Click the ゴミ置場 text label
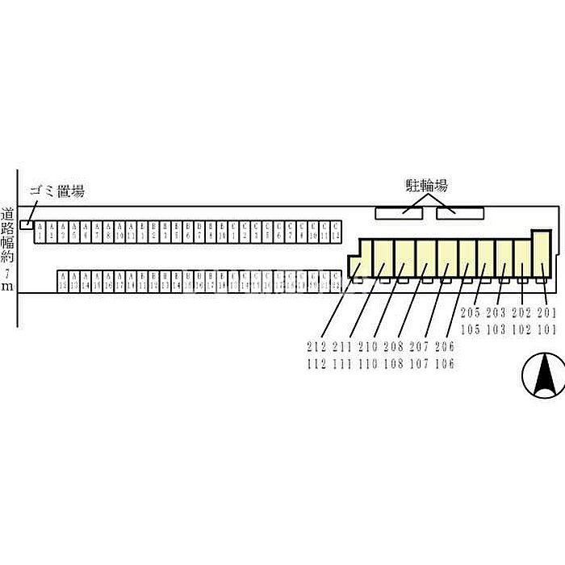click(56, 191)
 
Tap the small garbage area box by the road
click(27, 224)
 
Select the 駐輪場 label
click(425, 186)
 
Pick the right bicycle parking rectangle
click(460, 213)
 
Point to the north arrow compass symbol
click(545, 376)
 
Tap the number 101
click(546, 329)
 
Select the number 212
click(317, 348)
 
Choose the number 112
click(317, 364)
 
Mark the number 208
click(393, 348)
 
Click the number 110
click(368, 364)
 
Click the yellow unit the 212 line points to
click(356, 267)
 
